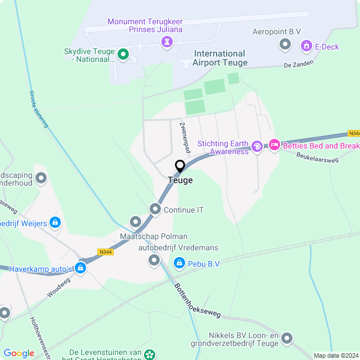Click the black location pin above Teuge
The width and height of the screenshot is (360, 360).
pos(180,166)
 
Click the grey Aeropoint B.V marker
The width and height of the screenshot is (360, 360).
pos(285,44)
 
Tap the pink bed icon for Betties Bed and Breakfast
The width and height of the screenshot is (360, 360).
pos(274,146)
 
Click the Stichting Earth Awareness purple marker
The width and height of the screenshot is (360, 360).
pos(257,147)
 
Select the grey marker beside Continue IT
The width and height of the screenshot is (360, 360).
pos(155,210)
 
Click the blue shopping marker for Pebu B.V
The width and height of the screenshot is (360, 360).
pos(179,263)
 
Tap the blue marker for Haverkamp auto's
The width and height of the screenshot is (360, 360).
pos(81,268)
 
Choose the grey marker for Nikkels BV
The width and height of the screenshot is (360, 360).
pos(287,338)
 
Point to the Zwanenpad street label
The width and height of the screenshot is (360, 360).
pos(183,134)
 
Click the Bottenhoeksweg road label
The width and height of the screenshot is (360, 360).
pos(194,298)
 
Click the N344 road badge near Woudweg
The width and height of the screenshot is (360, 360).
pos(105,252)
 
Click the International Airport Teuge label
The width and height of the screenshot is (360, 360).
pos(219,58)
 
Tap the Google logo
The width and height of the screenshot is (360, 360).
pos(19,353)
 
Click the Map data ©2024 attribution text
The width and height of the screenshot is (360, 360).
pos(335,355)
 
